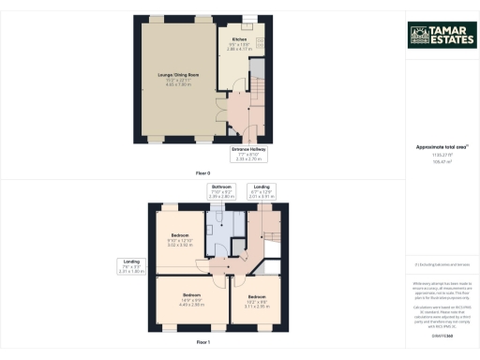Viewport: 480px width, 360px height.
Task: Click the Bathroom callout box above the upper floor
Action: (220, 192)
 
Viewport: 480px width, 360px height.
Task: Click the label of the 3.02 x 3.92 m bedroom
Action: (179, 238)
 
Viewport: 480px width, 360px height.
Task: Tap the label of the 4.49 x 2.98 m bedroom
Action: (191, 300)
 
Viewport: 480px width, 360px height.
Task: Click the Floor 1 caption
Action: (203, 343)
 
